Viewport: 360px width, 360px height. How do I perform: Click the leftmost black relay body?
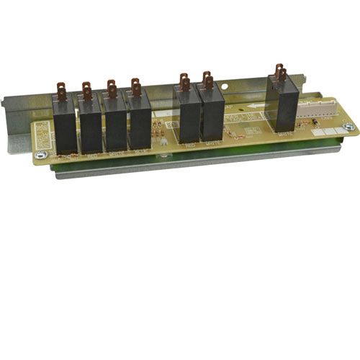[x=66, y=125]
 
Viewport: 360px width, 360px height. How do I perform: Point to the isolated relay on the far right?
[x=284, y=107]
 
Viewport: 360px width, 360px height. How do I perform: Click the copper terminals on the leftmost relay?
[x=62, y=91]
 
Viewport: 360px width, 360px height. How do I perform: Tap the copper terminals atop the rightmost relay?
[x=280, y=72]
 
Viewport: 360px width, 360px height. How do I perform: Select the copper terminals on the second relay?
[x=87, y=90]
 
